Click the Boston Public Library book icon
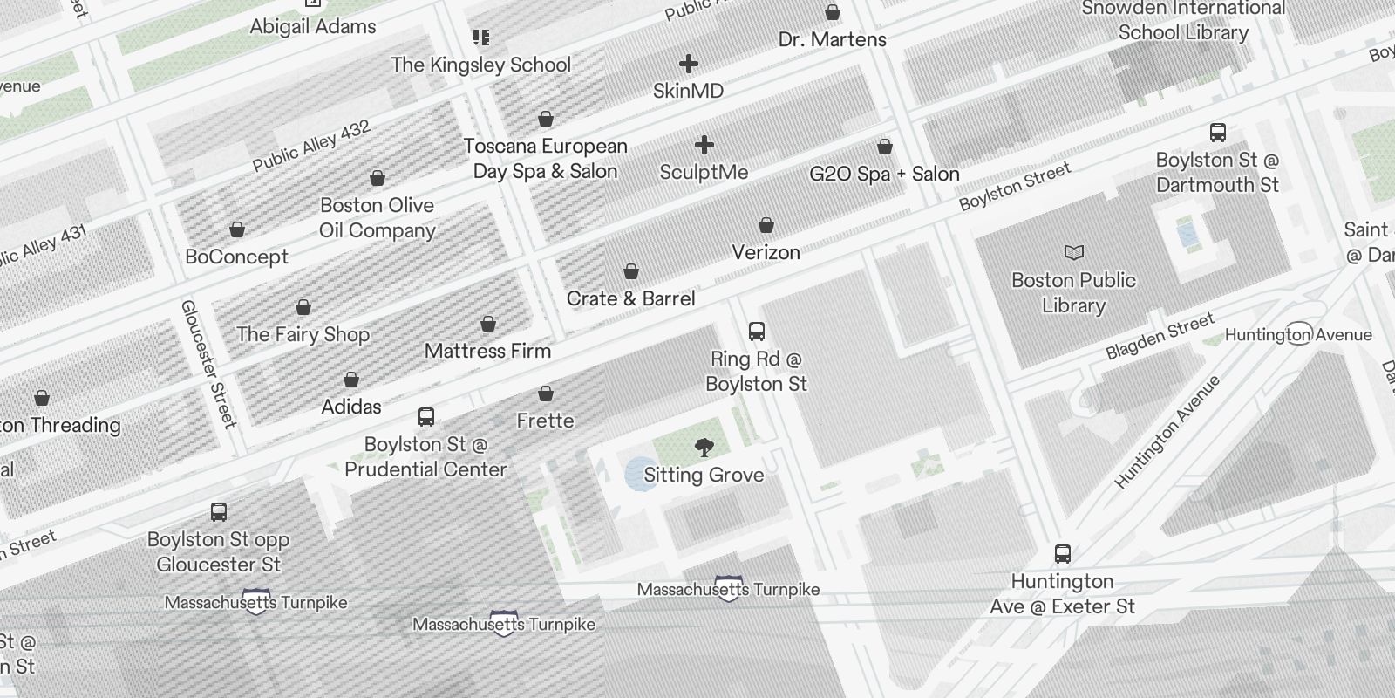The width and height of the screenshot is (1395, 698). click(1074, 253)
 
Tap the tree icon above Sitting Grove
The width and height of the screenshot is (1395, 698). click(704, 448)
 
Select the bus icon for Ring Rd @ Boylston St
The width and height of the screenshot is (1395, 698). click(757, 332)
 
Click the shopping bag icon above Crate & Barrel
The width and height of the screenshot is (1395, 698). click(631, 272)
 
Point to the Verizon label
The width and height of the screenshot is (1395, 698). click(766, 253)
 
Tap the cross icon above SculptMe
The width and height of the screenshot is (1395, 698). click(704, 145)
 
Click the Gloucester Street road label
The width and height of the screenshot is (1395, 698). click(208, 364)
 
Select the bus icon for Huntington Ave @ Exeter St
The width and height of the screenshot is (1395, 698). click(1062, 554)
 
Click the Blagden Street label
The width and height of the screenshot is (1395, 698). click(1160, 337)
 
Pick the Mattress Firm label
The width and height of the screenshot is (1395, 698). click(487, 352)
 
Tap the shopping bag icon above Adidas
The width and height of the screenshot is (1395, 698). click(351, 380)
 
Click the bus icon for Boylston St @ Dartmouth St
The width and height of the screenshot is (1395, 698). click(1218, 133)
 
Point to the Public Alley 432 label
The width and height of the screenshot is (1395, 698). click(311, 146)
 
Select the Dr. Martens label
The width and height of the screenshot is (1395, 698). click(832, 40)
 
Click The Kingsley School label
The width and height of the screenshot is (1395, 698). click(480, 65)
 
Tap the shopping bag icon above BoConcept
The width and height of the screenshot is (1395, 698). click(237, 230)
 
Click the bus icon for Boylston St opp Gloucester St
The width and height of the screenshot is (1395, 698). click(219, 512)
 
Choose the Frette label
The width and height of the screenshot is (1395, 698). click(545, 421)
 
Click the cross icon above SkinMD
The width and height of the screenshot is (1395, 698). click(689, 64)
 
